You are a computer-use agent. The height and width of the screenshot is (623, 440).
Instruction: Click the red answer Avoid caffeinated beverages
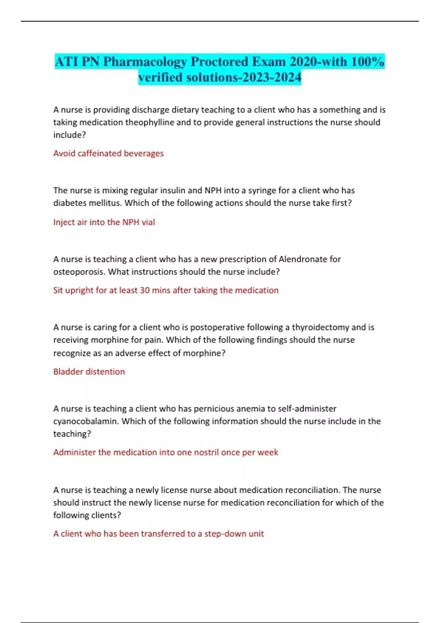pos(109,153)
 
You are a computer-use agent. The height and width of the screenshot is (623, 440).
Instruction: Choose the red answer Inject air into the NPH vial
pos(104,222)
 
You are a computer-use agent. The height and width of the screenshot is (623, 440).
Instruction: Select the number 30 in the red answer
pos(145,290)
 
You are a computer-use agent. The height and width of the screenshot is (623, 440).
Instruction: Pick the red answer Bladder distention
pos(89,372)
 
